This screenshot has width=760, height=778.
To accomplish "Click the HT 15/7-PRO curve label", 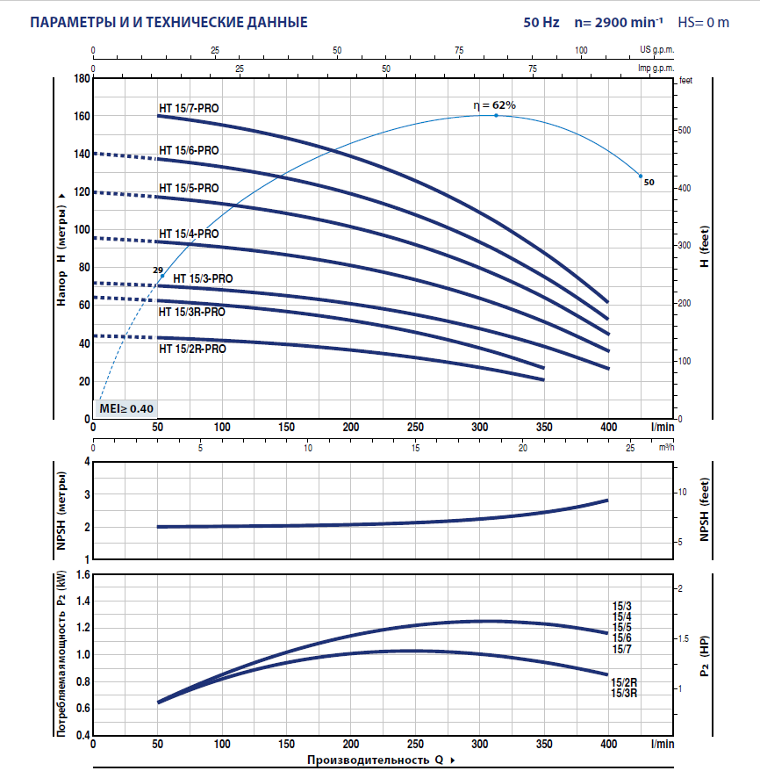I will click(189, 108).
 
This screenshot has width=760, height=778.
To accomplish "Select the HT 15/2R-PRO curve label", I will click(192, 349).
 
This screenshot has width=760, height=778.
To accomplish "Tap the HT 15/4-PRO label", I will click(189, 234).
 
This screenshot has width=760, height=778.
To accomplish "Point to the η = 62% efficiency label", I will click(495, 105).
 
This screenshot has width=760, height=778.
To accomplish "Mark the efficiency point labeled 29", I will click(162, 276).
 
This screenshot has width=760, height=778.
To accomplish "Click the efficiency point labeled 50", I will click(641, 176).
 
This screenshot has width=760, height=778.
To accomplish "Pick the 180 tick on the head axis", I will click(81, 78).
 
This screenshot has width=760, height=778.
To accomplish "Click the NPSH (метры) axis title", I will click(61, 509).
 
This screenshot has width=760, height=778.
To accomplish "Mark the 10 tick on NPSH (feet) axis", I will click(686, 492).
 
